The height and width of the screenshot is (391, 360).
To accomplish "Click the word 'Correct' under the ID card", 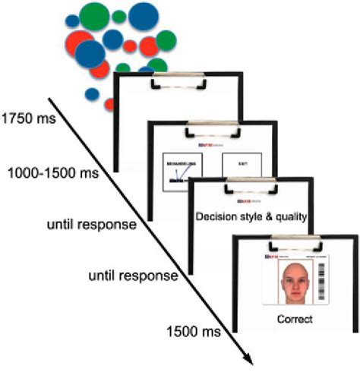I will point(295,320).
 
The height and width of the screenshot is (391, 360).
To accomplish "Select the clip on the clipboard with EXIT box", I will point(210,126).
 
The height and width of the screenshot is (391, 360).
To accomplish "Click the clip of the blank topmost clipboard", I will point(176,77).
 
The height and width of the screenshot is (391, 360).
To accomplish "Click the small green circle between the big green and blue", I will point(118,17).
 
